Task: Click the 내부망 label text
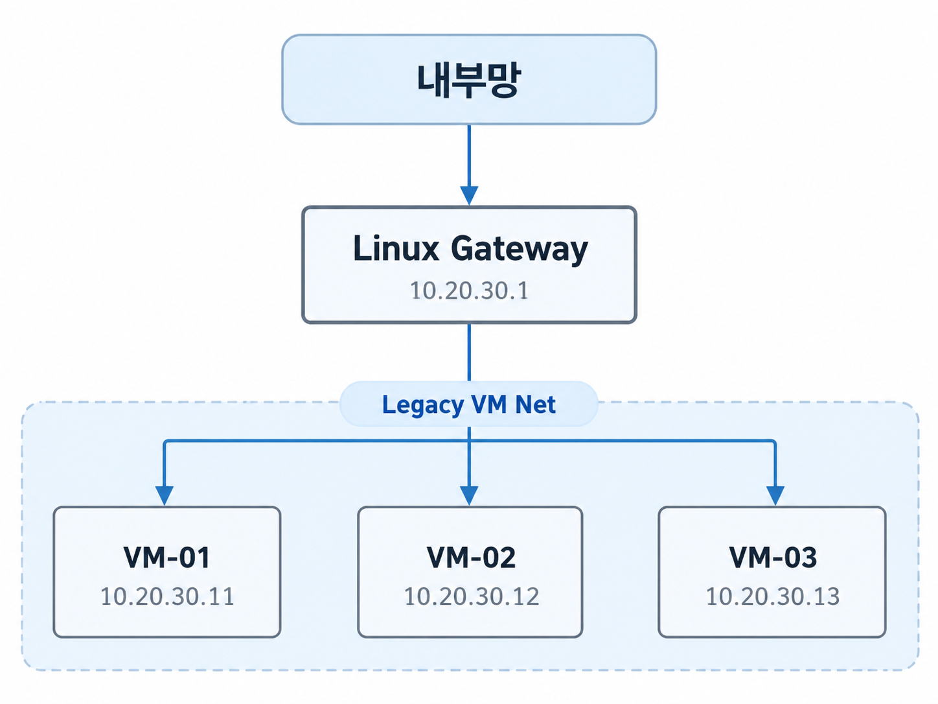click(469, 80)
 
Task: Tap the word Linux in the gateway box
click(396, 248)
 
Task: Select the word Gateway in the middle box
click(520, 250)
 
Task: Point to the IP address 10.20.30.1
click(469, 290)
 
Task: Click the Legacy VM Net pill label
click(469, 405)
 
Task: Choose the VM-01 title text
click(166, 557)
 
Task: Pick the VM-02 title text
click(471, 557)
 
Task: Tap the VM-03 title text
click(773, 557)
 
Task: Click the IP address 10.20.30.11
click(167, 596)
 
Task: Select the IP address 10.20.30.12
click(472, 596)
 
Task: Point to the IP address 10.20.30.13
click(773, 596)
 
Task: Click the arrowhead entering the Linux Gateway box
click(469, 196)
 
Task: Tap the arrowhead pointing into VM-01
click(165, 496)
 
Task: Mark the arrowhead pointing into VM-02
click(469, 496)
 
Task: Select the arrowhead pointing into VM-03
click(775, 496)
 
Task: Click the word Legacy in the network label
click(422, 405)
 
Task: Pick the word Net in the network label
click(535, 405)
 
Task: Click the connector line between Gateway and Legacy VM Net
click(469, 352)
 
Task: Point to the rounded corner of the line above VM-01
click(166, 442)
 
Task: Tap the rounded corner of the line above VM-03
click(773, 442)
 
